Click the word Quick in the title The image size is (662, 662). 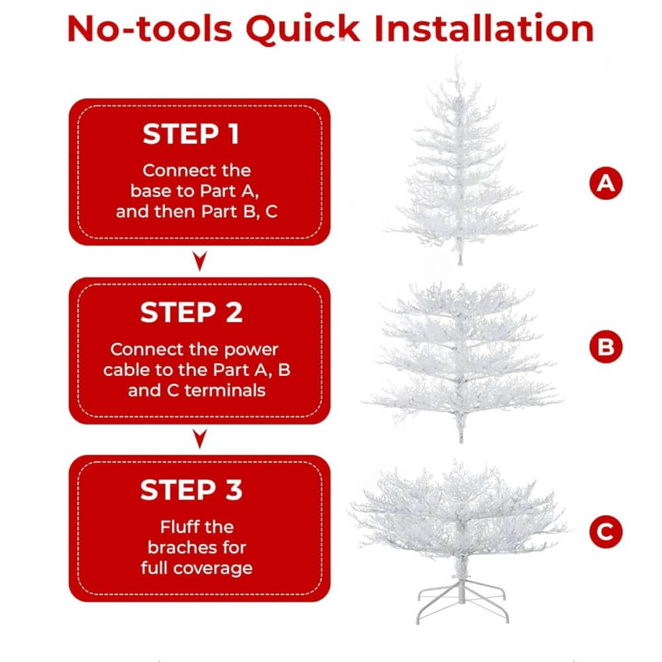click(x=303, y=29)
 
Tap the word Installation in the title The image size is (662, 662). click(x=484, y=28)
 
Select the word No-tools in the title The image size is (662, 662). click(x=150, y=28)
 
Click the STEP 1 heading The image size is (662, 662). click(x=191, y=134)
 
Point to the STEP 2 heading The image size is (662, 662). click(x=191, y=312)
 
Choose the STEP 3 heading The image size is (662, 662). click(x=191, y=490)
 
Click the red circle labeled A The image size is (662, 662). click(x=606, y=183)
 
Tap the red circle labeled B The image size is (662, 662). click(x=606, y=347)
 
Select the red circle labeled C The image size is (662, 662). click(x=606, y=532)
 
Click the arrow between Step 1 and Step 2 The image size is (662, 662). click(x=200, y=260)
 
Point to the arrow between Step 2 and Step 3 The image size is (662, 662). click(x=200, y=439)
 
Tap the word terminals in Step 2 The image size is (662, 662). click(x=225, y=391)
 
